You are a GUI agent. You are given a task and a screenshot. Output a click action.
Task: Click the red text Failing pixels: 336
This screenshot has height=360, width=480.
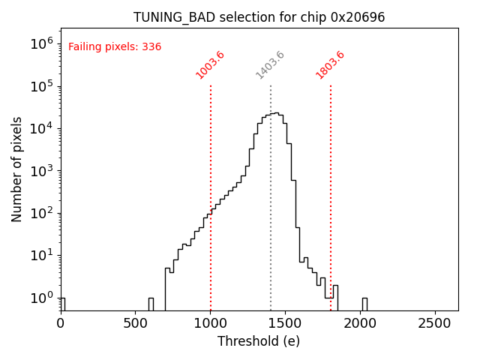click(x=115, y=47)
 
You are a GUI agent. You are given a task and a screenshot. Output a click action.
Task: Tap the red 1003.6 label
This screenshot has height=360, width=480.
click(x=210, y=65)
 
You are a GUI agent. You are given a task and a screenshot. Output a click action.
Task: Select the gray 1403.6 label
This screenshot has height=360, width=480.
click(x=270, y=65)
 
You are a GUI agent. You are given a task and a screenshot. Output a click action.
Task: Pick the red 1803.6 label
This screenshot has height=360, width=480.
click(x=330, y=65)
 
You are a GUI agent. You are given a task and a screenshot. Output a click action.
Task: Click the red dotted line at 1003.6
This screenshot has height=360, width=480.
click(x=211, y=187)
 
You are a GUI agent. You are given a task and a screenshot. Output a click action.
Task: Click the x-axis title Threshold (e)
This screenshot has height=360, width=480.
click(x=259, y=341)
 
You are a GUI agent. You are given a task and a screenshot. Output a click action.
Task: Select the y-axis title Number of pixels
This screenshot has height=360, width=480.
click(x=17, y=169)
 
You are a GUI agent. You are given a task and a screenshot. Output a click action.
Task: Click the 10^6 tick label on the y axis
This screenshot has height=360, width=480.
click(x=43, y=43)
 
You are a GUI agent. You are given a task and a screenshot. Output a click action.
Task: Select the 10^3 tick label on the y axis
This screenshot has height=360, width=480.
click(x=43, y=170)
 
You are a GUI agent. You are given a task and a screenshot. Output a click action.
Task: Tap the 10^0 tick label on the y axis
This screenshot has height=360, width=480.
click(x=43, y=298)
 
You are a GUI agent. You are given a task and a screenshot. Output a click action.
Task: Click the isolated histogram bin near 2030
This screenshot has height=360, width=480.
click(x=364, y=304)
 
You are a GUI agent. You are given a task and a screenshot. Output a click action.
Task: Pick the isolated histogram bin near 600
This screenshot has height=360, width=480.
click(x=151, y=304)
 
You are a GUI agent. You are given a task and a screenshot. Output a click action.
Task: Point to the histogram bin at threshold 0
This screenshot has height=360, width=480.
click(x=62, y=304)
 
